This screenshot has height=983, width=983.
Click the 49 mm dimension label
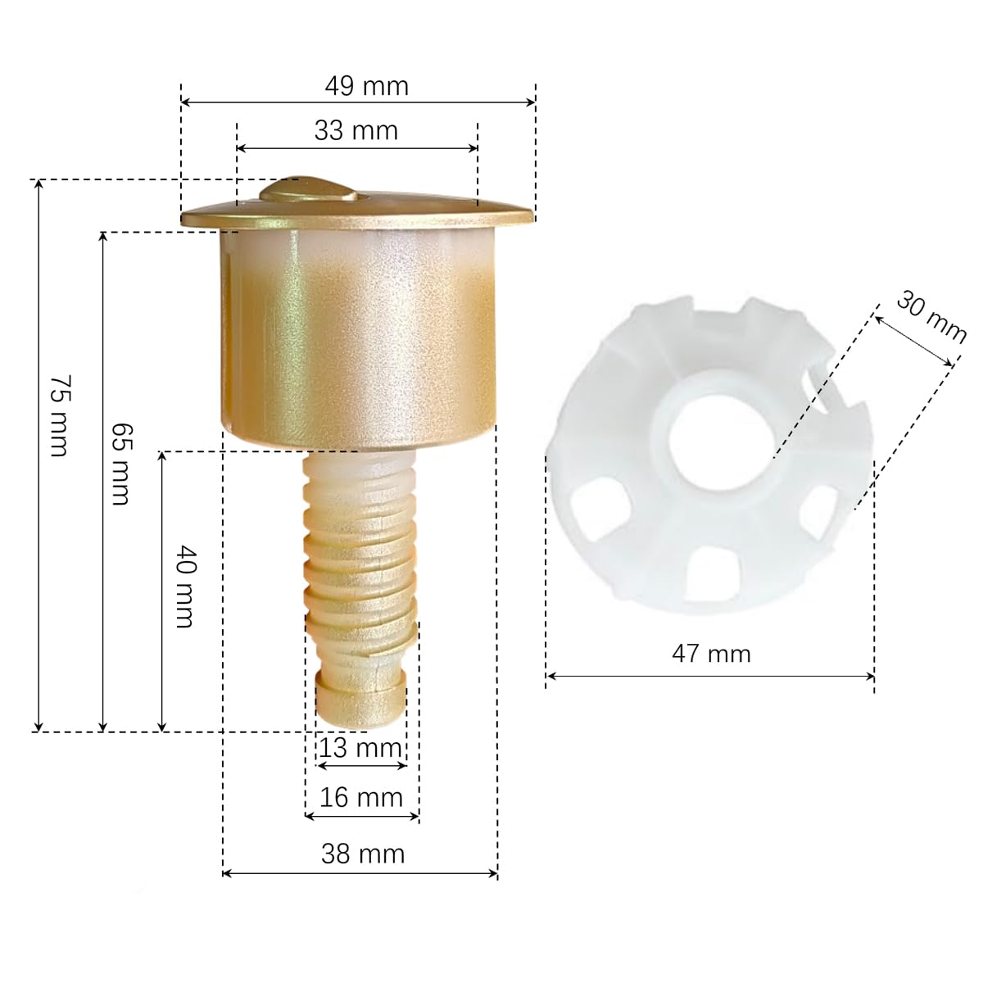(x=366, y=86)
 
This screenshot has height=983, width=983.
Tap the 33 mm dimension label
(x=356, y=130)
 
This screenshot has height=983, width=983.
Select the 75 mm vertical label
(x=60, y=416)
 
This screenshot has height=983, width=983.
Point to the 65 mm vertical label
(x=121, y=464)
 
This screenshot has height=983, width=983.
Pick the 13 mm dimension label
(x=360, y=749)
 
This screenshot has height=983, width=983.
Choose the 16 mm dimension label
(x=361, y=797)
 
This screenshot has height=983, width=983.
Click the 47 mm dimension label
(x=711, y=654)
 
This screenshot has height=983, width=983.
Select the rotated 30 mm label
(x=931, y=317)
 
